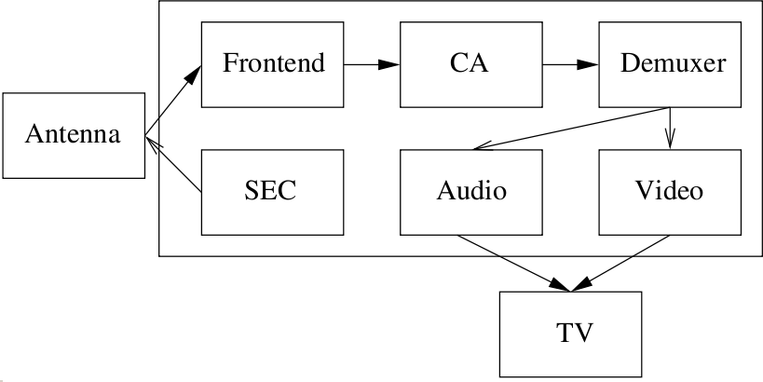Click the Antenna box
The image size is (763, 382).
(x=73, y=135)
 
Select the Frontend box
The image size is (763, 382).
(x=273, y=63)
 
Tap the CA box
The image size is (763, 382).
(x=470, y=63)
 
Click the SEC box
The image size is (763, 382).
(x=273, y=191)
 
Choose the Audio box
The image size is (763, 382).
(x=470, y=191)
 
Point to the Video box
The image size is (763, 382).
(x=669, y=191)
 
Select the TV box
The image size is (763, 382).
(x=570, y=333)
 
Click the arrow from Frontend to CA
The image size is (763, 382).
(x=371, y=64)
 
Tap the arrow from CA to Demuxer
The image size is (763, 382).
(x=569, y=64)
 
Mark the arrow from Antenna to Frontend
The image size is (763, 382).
(x=173, y=102)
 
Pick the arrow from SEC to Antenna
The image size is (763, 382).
(x=174, y=166)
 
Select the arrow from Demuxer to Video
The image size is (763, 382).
(x=669, y=128)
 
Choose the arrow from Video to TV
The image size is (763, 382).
(x=625, y=262)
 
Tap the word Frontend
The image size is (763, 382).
(x=274, y=63)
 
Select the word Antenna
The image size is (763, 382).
(x=73, y=135)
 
